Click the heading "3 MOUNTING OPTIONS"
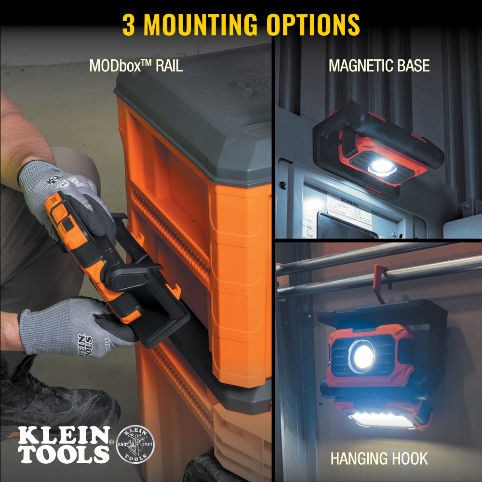point(241,25)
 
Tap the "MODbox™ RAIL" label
point(136,66)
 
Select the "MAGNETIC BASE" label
point(379,66)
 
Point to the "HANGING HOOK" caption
point(379,458)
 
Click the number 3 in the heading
point(128,25)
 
